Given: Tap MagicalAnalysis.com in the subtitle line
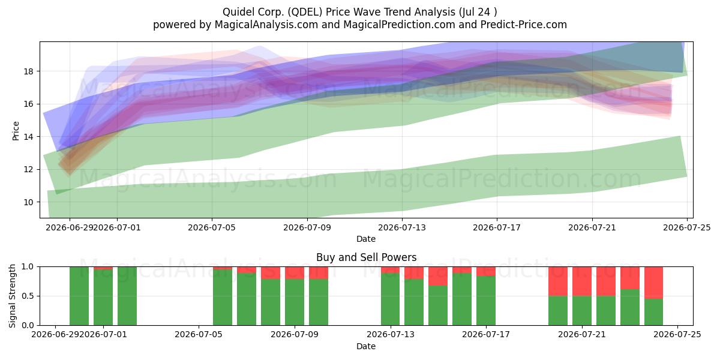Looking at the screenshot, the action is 266,25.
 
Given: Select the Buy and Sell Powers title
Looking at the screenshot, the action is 366,257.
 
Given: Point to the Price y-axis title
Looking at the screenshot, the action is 16,131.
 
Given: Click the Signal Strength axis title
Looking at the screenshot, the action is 12,296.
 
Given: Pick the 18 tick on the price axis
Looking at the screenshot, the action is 29,71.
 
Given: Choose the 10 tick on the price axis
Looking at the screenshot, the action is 29,202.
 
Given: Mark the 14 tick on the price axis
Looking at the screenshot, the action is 29,137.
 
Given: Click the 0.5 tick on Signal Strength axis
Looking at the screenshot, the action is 27,296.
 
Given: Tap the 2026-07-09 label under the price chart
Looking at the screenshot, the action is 307,227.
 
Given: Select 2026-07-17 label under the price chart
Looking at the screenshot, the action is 497,227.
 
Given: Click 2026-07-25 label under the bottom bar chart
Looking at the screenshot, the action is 677,334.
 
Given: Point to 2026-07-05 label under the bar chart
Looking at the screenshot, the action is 199,334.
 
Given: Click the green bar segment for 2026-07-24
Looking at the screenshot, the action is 653,312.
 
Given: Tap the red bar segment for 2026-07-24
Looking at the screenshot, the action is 653,283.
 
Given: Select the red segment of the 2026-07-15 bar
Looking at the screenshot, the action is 438,276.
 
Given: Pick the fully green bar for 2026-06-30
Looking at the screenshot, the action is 79,296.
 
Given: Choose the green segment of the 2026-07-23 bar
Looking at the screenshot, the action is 629,307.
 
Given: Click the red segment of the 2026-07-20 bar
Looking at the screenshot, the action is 557,281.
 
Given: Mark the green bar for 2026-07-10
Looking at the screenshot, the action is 319,302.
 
